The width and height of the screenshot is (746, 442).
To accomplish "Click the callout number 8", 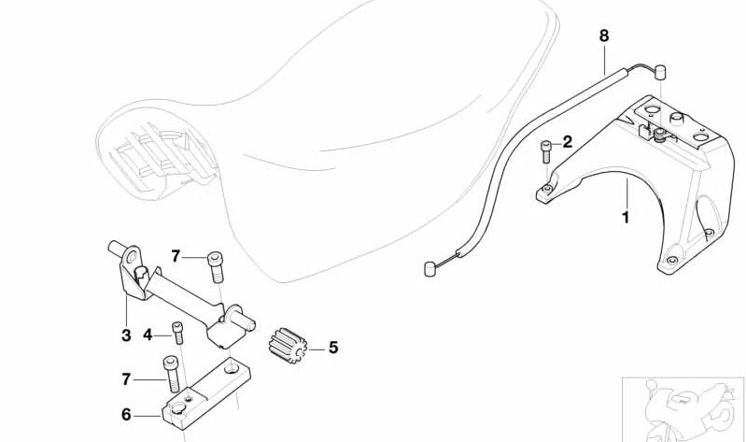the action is pyautogui.click(x=604, y=36).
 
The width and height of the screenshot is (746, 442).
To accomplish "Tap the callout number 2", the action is pyautogui.click(x=567, y=142).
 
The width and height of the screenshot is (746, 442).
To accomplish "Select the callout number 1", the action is pyautogui.click(x=626, y=218).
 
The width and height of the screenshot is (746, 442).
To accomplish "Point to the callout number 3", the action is pyautogui.click(x=126, y=335).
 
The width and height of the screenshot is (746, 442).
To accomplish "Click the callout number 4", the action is pyautogui.click(x=148, y=335).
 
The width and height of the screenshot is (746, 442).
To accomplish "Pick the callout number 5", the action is pyautogui.click(x=333, y=348).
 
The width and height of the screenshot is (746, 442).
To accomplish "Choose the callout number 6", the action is pyautogui.click(x=126, y=414).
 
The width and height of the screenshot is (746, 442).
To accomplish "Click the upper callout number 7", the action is pyautogui.click(x=176, y=257).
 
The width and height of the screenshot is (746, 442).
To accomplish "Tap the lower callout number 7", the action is pyautogui.click(x=126, y=379).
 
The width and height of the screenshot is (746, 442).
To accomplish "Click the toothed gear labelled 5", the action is pyautogui.click(x=288, y=346).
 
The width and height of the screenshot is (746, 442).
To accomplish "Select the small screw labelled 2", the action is pyautogui.click(x=547, y=151).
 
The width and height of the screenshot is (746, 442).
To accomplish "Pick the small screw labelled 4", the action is pyautogui.click(x=177, y=333).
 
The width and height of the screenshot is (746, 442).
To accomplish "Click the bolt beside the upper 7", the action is pyautogui.click(x=215, y=268).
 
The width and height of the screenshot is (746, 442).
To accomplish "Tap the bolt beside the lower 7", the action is pyautogui.click(x=171, y=375).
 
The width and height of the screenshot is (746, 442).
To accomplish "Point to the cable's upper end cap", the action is pyautogui.click(x=660, y=72).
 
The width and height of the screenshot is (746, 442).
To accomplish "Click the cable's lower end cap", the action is pyautogui.click(x=430, y=269).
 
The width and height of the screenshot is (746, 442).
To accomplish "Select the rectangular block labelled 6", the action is pyautogui.click(x=207, y=394).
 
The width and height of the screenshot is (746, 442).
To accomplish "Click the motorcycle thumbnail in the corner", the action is pyautogui.click(x=683, y=409).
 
